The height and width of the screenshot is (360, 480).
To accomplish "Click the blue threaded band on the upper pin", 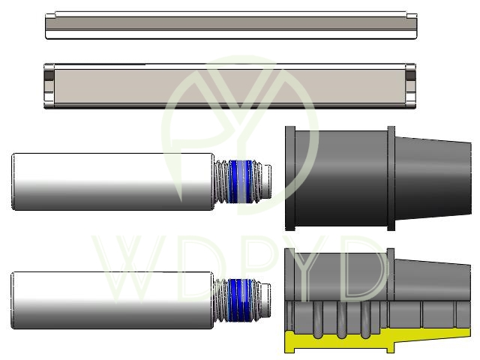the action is (x=241, y=181).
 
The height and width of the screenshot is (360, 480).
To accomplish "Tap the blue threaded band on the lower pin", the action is (x=241, y=300).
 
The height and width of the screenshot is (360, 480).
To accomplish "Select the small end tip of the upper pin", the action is (x=267, y=181).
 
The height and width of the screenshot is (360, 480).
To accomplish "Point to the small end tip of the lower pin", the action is (x=266, y=300).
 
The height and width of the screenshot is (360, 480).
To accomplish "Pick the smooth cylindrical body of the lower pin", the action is (x=112, y=300).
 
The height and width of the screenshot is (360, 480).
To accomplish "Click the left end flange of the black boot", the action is (x=290, y=178).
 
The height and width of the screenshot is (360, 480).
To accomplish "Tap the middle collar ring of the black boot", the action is (x=391, y=178).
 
